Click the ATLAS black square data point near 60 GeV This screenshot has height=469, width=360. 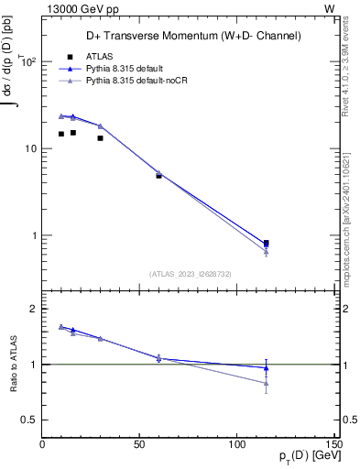(158, 175)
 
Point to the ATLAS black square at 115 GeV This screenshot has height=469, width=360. (266, 243)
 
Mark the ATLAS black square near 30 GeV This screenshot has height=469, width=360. (101, 137)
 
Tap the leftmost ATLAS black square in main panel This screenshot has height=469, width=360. (61, 134)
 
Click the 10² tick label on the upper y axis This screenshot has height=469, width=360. (27, 62)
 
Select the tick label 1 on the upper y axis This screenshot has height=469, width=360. (33, 235)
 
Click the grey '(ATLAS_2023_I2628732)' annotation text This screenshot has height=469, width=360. (191, 273)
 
